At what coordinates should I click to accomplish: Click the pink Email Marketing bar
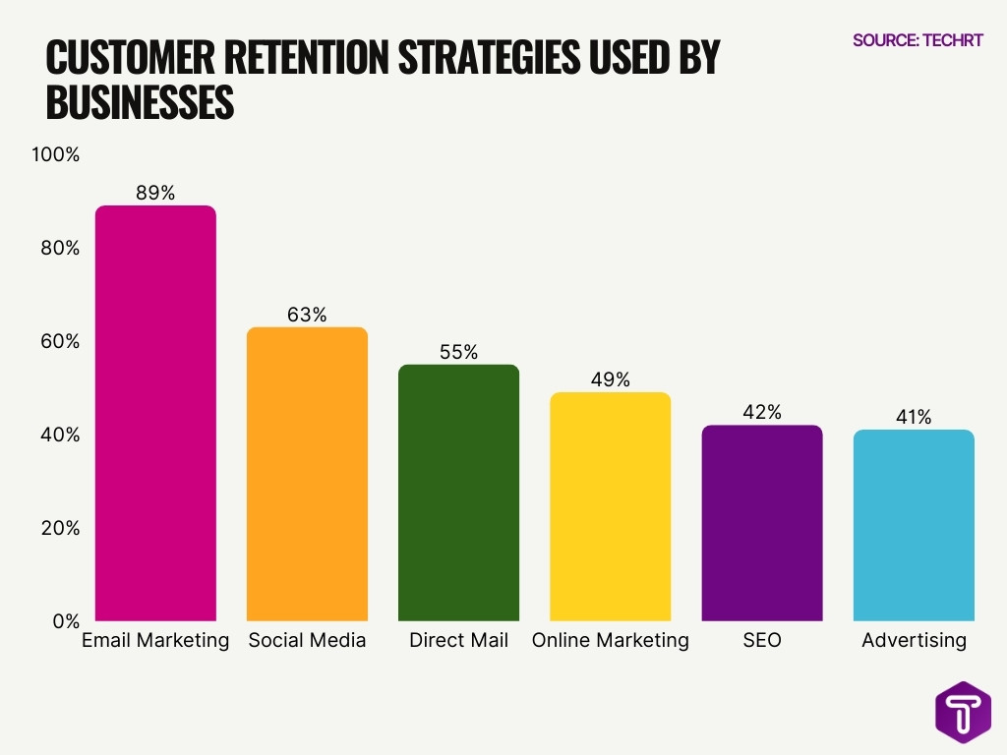(155, 413)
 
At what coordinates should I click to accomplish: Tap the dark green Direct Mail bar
(458, 493)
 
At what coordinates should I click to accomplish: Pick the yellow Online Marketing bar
(610, 506)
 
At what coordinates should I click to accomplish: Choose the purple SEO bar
(761, 523)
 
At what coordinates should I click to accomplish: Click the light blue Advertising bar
(914, 525)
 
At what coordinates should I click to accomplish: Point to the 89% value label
(155, 194)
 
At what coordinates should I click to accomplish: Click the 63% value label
(307, 315)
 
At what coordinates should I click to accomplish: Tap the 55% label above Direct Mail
(458, 352)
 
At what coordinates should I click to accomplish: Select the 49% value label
(610, 379)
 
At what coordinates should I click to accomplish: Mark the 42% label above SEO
(761, 413)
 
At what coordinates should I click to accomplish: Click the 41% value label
(914, 417)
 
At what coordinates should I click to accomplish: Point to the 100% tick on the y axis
(56, 155)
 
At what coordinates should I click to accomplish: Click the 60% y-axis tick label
(60, 342)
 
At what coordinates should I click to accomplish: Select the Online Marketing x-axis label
(610, 641)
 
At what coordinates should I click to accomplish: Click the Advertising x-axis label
(914, 641)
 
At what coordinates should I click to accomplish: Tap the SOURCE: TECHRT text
(918, 40)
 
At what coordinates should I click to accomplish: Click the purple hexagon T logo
(963, 710)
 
